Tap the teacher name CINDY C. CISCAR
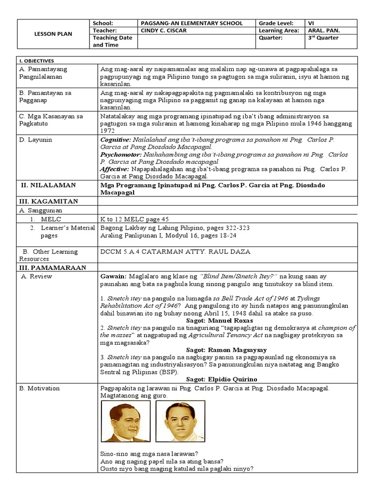tap(164, 30)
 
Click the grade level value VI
tap(311, 23)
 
